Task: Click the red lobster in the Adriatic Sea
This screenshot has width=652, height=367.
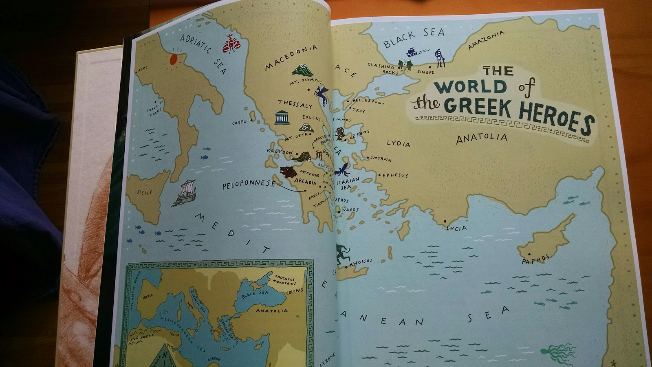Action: (x=231, y=44)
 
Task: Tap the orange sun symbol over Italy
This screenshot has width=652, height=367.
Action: (x=173, y=60)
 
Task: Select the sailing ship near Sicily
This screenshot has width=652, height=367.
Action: (x=185, y=193)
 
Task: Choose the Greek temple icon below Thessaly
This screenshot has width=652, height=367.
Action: (x=282, y=117)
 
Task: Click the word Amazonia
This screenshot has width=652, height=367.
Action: (x=486, y=40)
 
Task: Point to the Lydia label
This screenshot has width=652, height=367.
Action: (x=398, y=143)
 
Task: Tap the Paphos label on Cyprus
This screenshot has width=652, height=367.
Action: (x=536, y=259)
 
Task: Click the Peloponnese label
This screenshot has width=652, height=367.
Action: (x=249, y=184)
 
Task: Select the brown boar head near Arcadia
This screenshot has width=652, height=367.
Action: (x=288, y=171)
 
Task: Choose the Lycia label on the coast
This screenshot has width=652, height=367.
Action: (x=456, y=228)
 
